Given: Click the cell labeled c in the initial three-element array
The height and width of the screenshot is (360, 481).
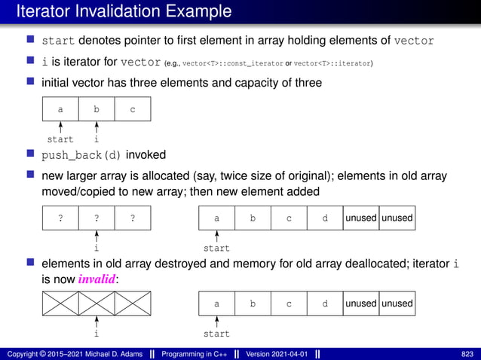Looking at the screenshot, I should point(133,110).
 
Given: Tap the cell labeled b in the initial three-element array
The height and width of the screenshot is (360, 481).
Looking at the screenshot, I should point(97,110).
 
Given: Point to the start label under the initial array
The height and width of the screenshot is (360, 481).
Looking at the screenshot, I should point(60,139).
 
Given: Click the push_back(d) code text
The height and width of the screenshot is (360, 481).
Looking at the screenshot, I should point(81,156).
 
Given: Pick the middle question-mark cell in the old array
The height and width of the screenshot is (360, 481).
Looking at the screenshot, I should point(97,218).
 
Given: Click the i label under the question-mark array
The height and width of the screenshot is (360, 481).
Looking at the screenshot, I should point(97,248).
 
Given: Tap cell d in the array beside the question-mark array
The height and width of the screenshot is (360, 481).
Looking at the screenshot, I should point(325,218).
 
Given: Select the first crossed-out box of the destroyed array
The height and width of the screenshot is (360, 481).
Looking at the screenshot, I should point(60,304).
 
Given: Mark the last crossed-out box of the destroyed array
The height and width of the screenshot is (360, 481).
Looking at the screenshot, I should point(133,304).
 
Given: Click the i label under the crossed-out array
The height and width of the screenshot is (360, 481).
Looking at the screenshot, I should point(97,333).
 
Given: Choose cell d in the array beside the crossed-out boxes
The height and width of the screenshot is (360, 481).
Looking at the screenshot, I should point(325,304).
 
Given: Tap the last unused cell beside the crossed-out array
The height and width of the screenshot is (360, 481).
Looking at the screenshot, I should point(397,304).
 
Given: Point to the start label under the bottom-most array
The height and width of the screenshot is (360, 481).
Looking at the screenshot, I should point(217,333).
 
